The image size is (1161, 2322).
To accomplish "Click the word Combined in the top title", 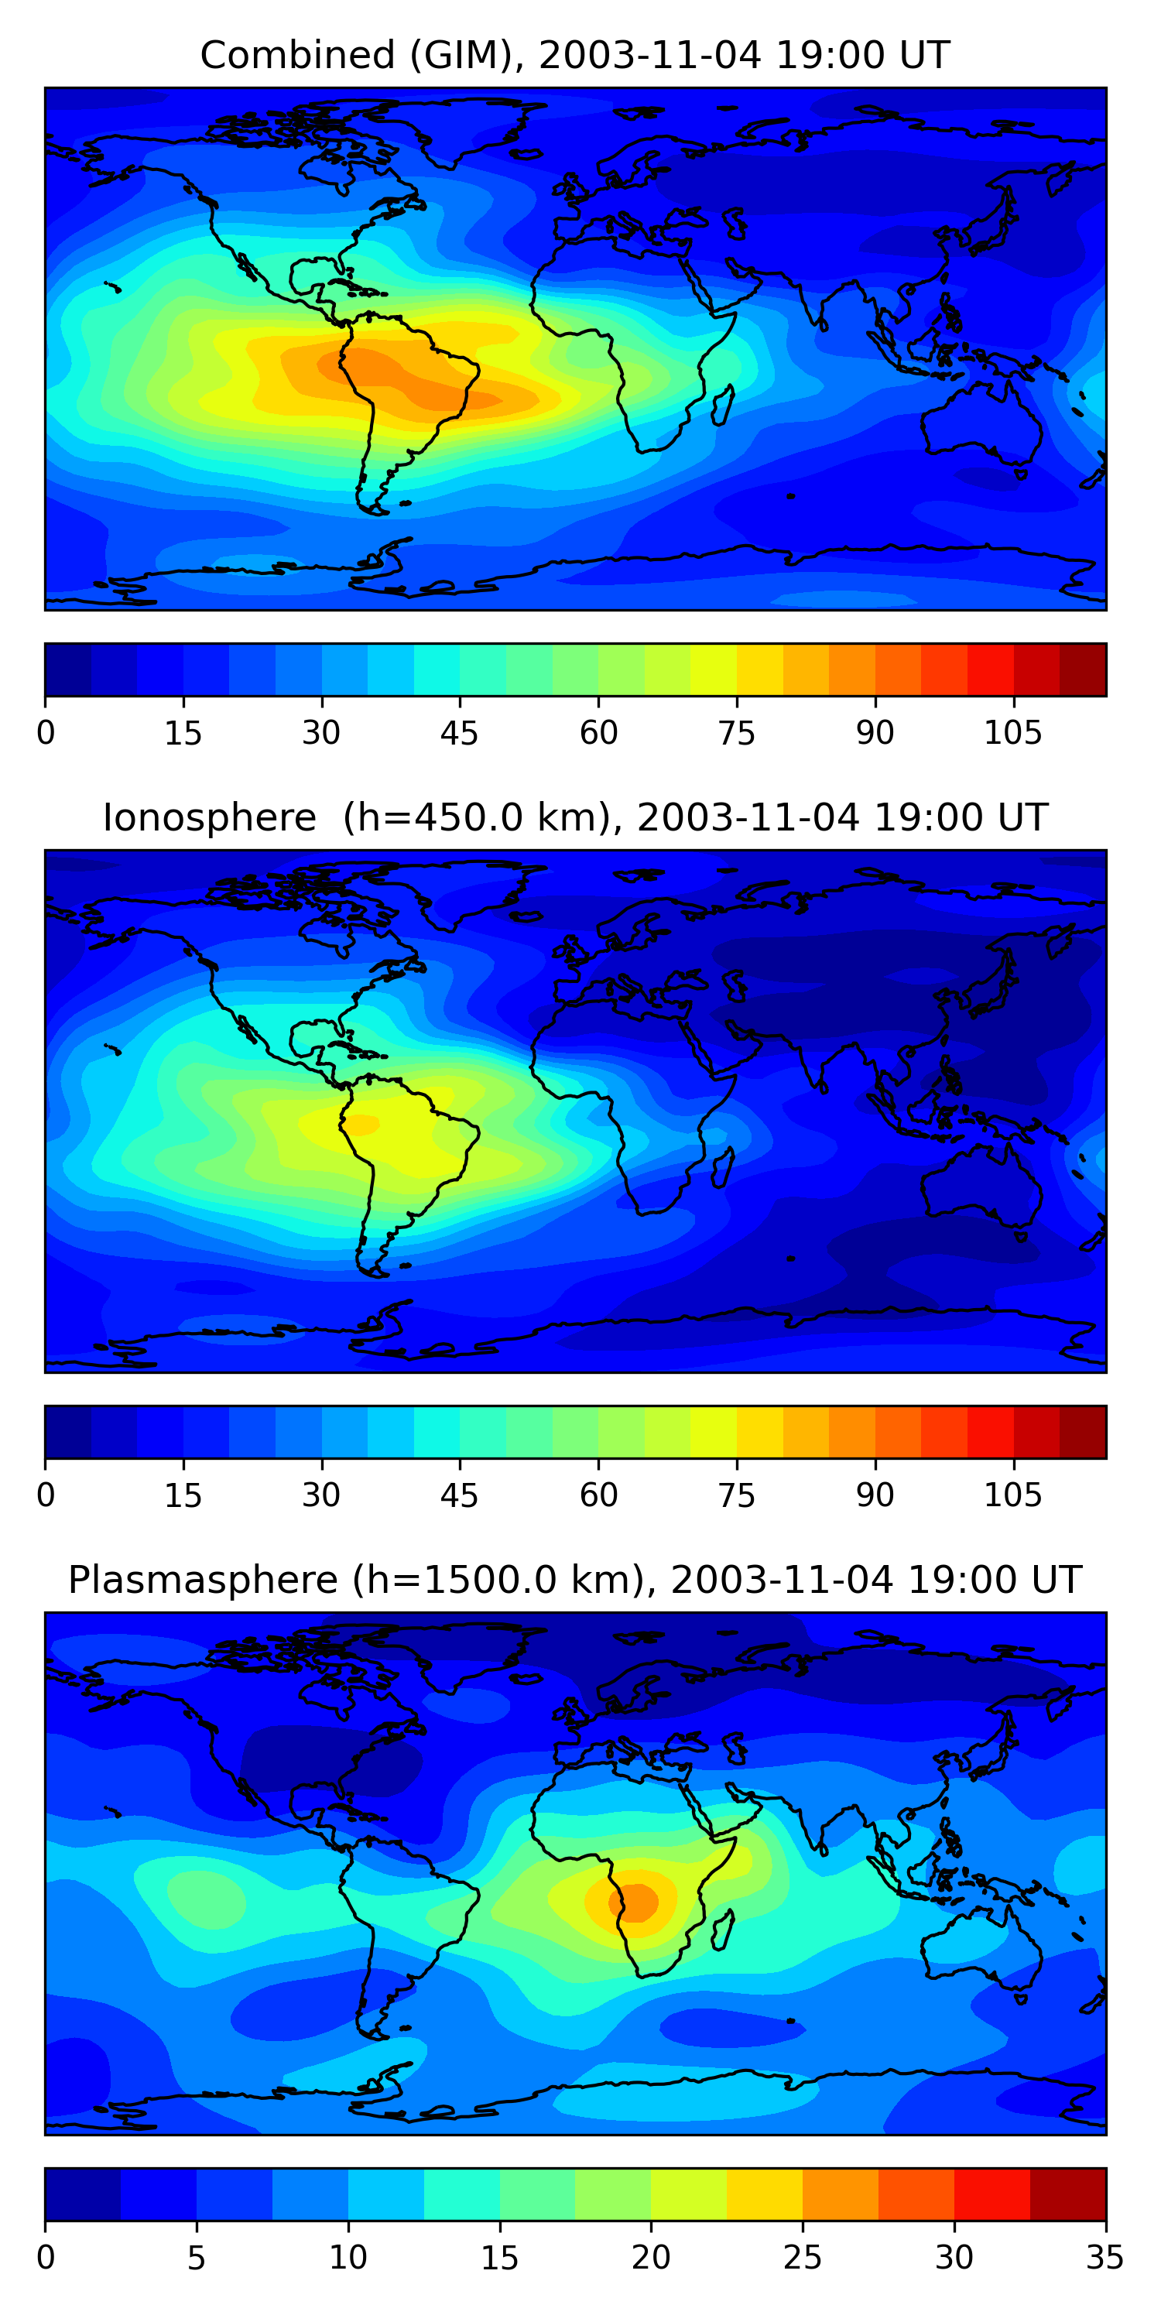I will click(296, 56).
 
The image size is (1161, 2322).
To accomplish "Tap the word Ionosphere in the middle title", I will click(209, 818).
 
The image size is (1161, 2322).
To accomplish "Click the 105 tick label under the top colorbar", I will click(1012, 734).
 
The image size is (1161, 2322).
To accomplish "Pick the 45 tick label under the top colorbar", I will click(459, 734).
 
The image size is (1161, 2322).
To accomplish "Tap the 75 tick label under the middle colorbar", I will click(736, 1496).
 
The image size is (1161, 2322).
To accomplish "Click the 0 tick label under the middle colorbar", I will click(46, 1496).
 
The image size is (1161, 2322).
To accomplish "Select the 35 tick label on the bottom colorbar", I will click(1104, 2258).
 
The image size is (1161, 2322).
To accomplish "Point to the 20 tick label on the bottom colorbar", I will click(651, 2258).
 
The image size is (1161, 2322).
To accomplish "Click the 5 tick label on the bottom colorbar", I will click(197, 2258).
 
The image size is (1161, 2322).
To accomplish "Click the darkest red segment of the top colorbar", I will click(1083, 670).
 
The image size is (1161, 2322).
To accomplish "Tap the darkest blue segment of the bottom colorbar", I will click(83, 2194).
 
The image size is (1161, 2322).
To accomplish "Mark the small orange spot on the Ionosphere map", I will click(362, 1124).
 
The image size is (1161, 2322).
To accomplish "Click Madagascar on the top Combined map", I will click(723, 406).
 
